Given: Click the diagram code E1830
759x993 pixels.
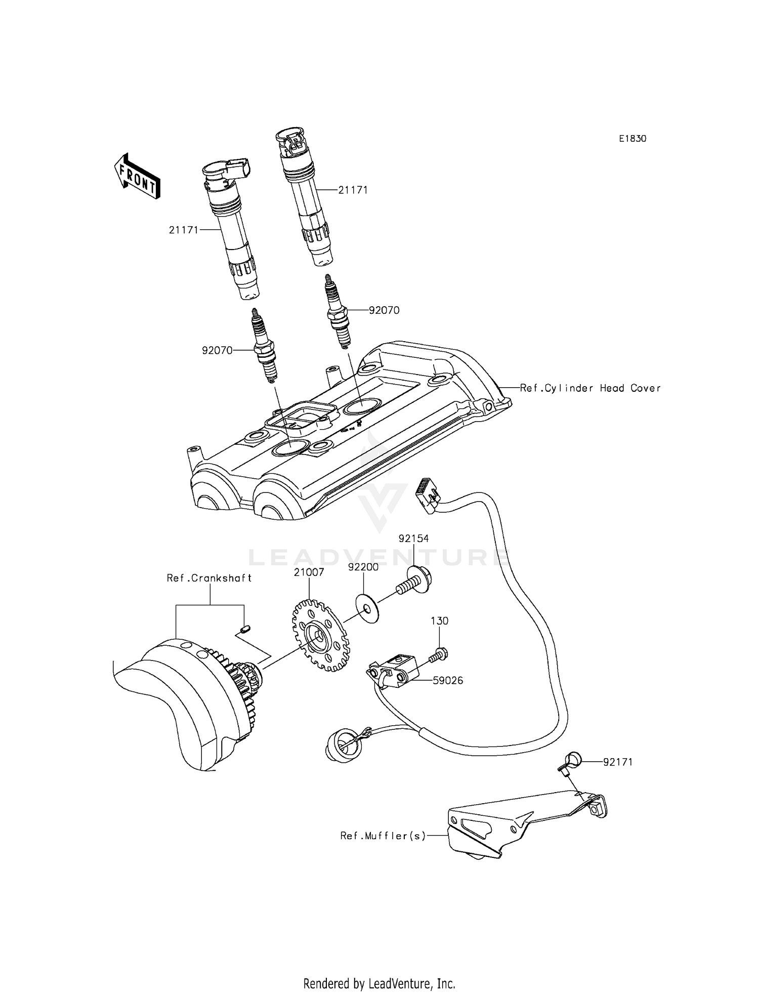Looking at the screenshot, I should pos(632,139).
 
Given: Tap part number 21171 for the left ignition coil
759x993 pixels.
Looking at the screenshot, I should pos(183,230).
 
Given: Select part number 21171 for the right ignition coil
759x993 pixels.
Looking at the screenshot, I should pos(353,190).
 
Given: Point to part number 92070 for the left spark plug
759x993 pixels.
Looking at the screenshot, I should pos(217,350).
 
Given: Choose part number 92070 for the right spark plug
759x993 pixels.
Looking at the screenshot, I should pos(384,310).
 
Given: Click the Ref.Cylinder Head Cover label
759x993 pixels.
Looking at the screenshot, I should pos(590,388).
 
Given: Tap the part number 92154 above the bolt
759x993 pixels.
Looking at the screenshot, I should pos(413,539).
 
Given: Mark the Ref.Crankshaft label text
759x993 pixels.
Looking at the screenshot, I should pos(209,577).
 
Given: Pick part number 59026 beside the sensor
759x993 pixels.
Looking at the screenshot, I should pos(448,681).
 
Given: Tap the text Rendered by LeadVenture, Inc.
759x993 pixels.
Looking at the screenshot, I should pos(379,983).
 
